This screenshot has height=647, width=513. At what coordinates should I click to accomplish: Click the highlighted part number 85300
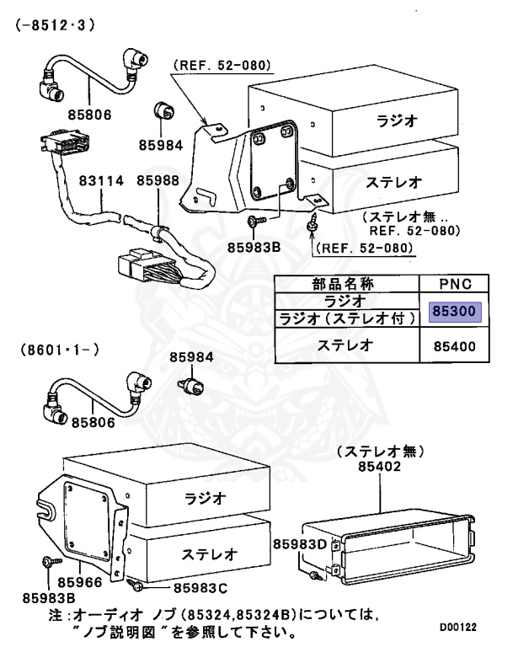point(455,313)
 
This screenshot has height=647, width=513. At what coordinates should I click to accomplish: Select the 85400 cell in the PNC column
point(455,345)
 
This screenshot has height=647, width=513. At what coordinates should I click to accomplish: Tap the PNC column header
point(455,283)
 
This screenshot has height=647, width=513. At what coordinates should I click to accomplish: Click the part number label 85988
point(158,180)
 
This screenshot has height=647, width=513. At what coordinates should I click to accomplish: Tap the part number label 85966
point(83,582)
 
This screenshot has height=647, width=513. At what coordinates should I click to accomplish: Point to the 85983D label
point(299,545)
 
